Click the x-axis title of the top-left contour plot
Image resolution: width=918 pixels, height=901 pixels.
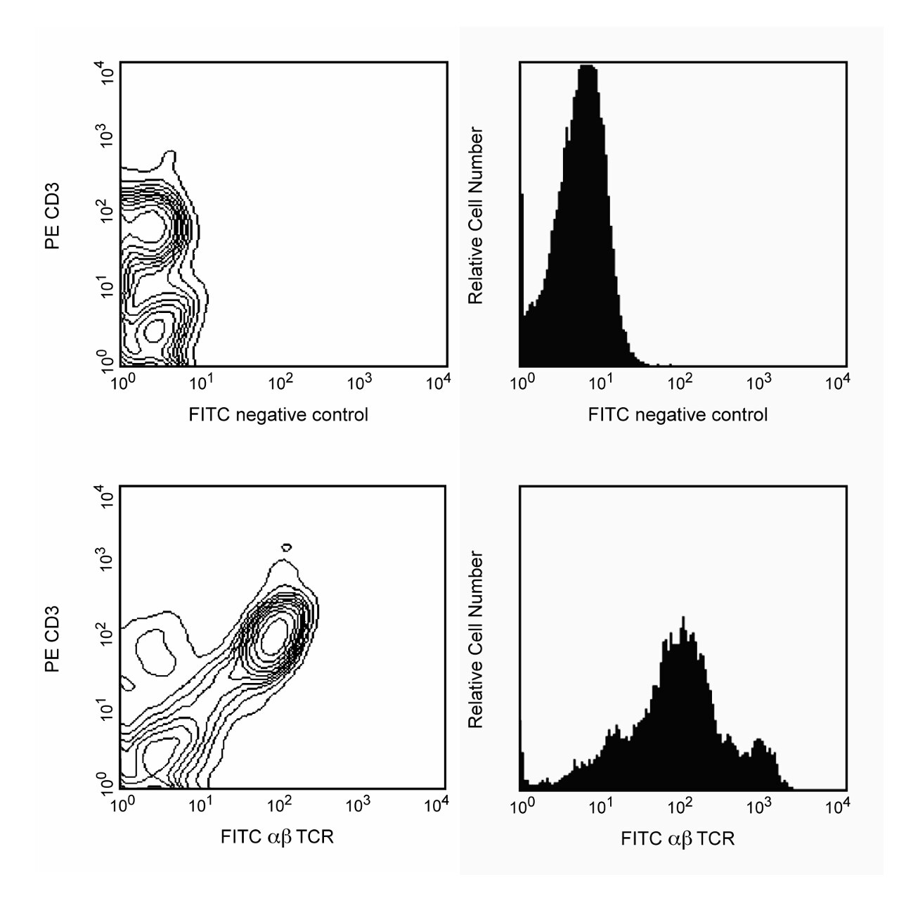pos(278,414)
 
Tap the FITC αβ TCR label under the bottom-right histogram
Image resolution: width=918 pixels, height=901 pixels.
pos(678,838)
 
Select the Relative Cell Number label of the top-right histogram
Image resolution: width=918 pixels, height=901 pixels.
pos(476,215)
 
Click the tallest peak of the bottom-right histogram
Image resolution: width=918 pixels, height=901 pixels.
pos(683,619)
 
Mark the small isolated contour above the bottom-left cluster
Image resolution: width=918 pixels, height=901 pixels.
pos(286,547)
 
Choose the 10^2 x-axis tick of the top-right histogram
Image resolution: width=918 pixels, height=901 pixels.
pos(679,383)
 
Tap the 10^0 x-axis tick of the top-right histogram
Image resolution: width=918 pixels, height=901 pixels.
pos(521,383)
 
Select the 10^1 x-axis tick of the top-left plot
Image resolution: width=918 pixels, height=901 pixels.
pos(202,383)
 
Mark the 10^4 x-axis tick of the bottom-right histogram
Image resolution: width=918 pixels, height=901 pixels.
pos(836,805)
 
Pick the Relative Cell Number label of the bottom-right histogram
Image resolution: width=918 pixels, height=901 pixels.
pos(476,639)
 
